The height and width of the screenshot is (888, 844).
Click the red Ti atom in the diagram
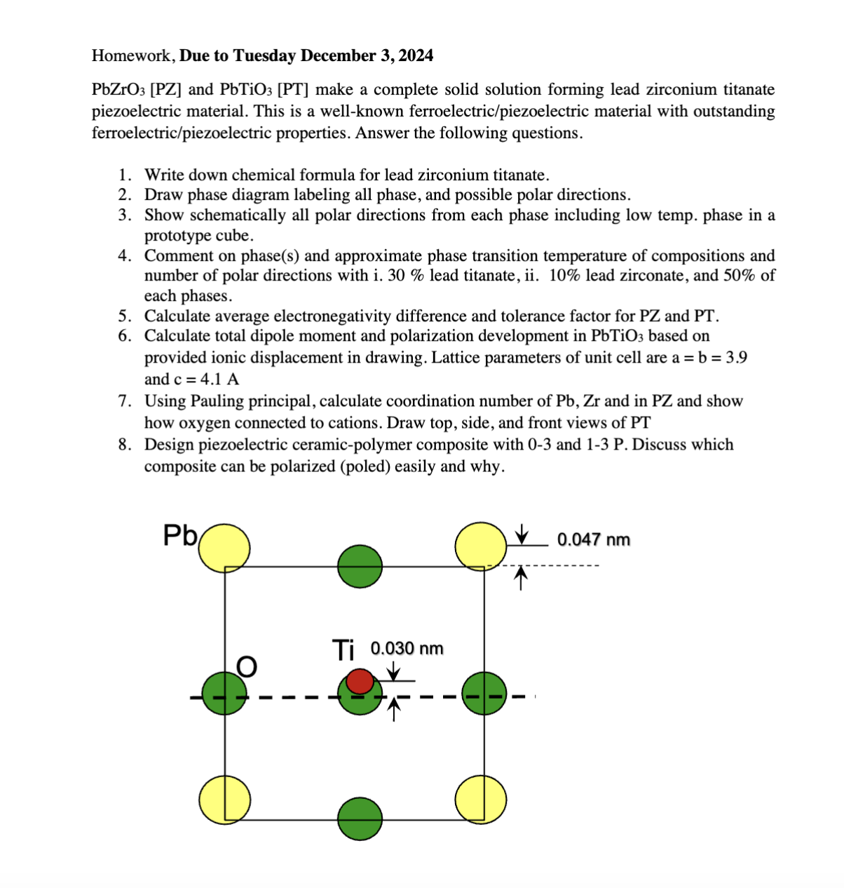360,680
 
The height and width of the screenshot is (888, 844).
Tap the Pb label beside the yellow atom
180,535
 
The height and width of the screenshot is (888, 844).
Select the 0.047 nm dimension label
593,539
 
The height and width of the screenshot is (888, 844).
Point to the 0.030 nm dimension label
407,648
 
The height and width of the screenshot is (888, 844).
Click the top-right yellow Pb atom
480,545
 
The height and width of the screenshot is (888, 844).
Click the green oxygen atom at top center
360,566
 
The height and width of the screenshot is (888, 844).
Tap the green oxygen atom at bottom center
360,819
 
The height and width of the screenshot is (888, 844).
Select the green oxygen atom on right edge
484,693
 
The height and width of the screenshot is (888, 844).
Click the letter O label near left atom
247,666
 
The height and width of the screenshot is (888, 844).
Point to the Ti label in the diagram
343,650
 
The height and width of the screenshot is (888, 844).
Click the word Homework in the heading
132,55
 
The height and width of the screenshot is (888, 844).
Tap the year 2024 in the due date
416,55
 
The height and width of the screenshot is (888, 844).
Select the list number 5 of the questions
124,316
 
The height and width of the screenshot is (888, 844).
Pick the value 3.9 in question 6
736,358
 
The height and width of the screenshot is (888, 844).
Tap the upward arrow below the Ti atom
394,708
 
